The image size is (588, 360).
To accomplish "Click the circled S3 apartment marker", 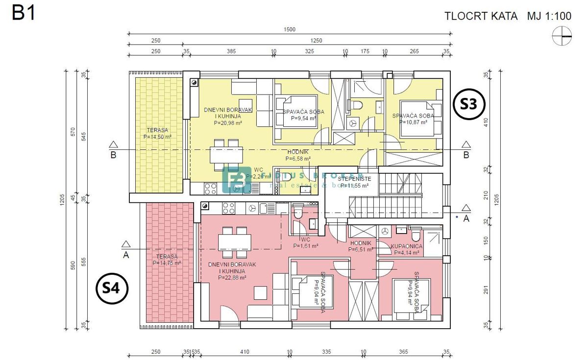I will (469, 104).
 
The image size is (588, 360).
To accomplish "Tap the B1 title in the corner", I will (24, 13).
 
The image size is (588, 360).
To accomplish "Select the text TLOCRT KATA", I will (481, 16).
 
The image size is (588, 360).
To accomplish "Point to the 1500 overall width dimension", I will (290, 29).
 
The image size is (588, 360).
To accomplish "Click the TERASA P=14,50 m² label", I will (157, 134).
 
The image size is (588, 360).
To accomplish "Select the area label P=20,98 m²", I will (228, 123).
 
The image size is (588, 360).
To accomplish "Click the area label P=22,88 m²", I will (232, 277).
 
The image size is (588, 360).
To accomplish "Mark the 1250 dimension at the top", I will (317, 41).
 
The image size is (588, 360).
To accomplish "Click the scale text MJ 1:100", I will (549, 16).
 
